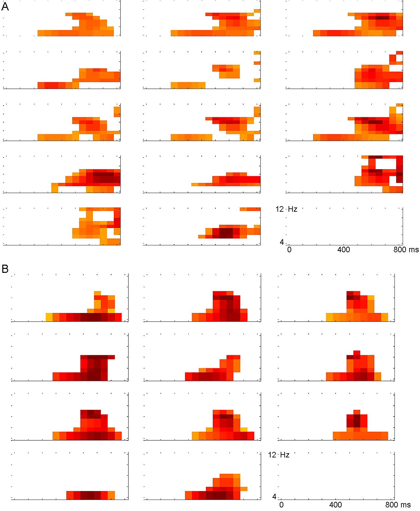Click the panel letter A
pos(5,7)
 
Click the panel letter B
pos(5,269)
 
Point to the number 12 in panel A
pos(279,209)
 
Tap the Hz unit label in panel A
pos(293,209)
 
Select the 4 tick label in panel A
pos(282,242)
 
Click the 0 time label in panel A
pos(289,250)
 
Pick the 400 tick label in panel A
pos(344,250)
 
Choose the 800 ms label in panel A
pos(406,250)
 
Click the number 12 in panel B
pos(272,455)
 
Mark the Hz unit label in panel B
pos(285,455)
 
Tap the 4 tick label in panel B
pos(274,497)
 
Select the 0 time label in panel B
pos(281,505)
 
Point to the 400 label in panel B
pos(335,505)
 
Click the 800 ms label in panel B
pos(398,505)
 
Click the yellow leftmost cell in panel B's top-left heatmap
pos(49,317)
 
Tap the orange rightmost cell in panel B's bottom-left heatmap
pos(111,495)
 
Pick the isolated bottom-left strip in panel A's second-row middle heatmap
pos(188,85)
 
